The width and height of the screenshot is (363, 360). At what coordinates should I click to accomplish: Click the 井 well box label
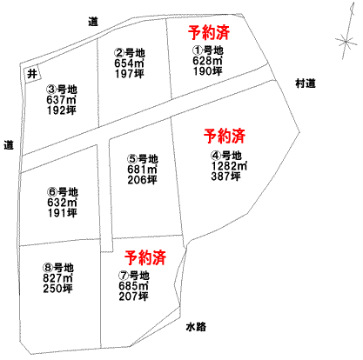coord(32,74)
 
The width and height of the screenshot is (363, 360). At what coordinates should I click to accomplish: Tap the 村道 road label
coord(306,83)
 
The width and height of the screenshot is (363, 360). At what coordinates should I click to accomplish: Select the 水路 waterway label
coord(196,327)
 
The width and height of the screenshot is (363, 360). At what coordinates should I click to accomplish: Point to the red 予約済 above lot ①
coord(209,32)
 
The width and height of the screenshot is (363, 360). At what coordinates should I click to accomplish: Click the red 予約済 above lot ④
coord(225,136)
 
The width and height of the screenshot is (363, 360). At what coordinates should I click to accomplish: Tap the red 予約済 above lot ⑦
coord(145,257)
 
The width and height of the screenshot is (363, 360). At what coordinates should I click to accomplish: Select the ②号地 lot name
coord(129,53)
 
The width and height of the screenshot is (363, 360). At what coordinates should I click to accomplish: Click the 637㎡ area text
coord(61,99)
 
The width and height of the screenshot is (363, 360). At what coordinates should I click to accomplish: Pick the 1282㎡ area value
coord(229,166)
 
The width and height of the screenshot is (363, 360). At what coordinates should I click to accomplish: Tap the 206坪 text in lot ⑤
coord(142,180)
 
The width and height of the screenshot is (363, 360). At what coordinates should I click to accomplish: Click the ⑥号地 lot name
coord(63,192)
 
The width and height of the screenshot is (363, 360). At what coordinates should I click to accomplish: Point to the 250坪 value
coord(58,289)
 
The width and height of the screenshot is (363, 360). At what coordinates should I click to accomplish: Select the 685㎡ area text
coord(133,286)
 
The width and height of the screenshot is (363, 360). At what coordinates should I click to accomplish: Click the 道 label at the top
coord(93,22)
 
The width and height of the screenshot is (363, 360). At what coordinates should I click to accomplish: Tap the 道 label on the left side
coord(9,144)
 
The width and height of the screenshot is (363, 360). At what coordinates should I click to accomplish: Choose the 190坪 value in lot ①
coord(208,71)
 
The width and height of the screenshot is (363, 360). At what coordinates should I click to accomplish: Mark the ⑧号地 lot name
coord(58,267)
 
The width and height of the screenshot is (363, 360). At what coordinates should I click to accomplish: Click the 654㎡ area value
coord(129,63)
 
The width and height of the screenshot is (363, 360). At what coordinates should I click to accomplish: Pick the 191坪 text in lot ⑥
coord(63,213)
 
